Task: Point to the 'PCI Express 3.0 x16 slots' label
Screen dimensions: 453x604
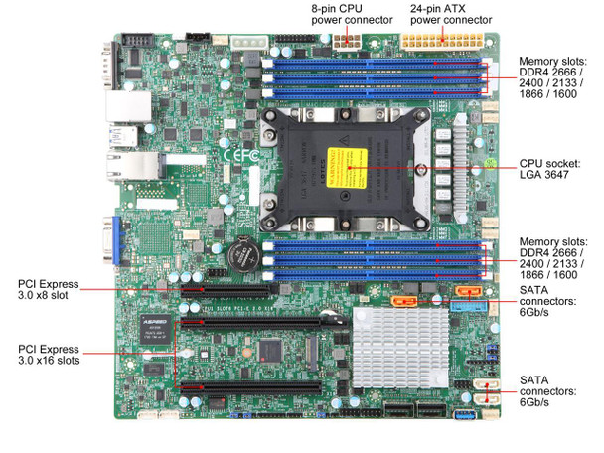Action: (x=51, y=356)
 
